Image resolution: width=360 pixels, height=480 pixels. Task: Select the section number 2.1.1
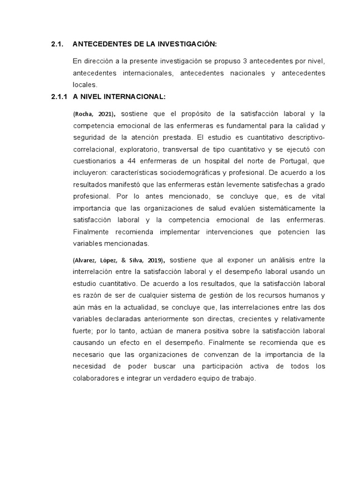pyautogui.click(x=59, y=97)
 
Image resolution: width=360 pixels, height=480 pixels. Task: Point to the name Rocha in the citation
pyautogui.click(x=83, y=114)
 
